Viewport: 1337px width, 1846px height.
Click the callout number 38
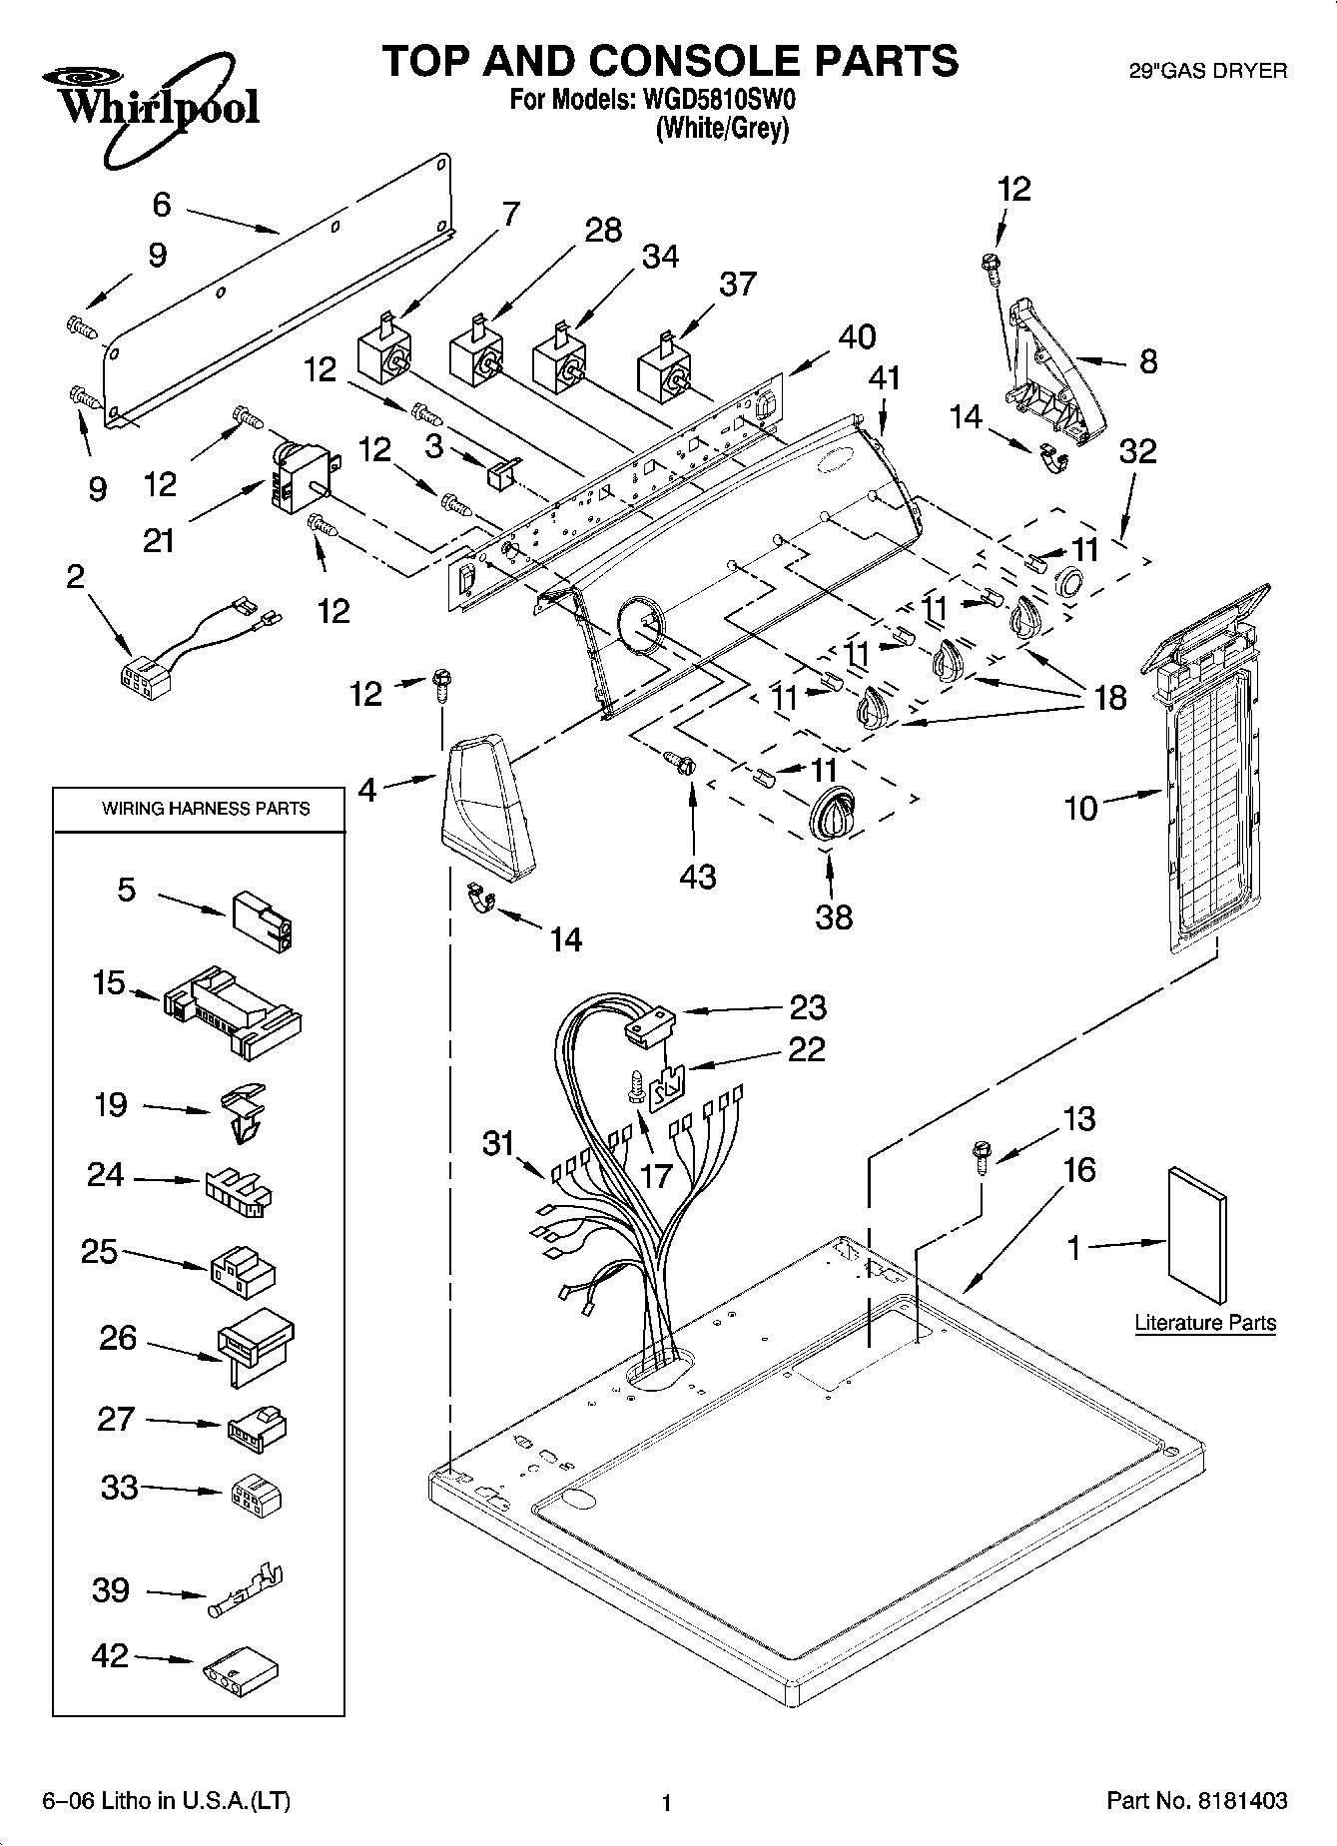point(834,916)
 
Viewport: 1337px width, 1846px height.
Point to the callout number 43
point(697,876)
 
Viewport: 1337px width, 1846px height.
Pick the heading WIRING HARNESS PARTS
point(206,809)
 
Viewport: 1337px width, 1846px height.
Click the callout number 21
point(158,540)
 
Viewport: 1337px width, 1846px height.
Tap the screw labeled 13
point(978,1159)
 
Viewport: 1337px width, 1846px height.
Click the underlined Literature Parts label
point(1205,1323)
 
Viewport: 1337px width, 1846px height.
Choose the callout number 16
point(1079,1169)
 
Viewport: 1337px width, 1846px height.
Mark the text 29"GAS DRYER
point(1206,71)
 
